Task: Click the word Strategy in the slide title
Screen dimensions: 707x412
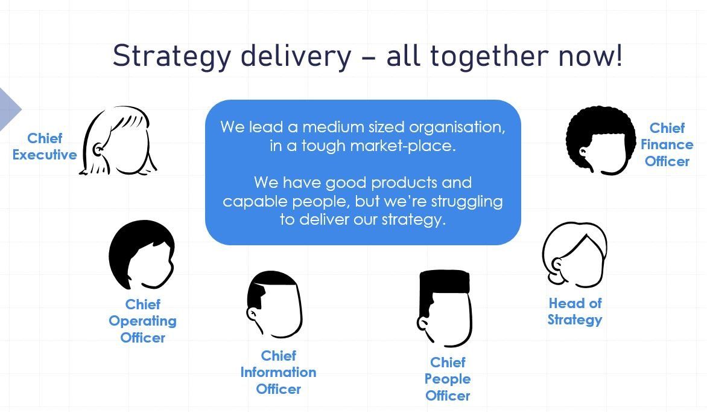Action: [171, 57]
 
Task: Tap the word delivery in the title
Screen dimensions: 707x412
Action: [296, 56]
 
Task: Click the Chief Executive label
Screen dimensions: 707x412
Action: [45, 146]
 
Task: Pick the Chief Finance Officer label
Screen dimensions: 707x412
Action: [667, 144]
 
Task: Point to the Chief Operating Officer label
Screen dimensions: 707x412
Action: [142, 321]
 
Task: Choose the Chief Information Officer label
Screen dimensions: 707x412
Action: [278, 372]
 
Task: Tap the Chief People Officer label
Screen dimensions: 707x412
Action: [448, 379]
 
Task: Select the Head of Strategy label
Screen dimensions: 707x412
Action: [575, 311]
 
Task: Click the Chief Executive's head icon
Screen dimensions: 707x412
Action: [118, 141]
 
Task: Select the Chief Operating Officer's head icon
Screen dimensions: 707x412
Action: [141, 255]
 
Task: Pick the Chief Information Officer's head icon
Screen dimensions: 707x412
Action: [274, 304]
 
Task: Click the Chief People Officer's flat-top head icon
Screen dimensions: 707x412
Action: [444, 309]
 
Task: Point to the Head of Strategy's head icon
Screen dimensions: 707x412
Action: [574, 255]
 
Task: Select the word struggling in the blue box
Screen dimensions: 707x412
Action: [467, 202]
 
